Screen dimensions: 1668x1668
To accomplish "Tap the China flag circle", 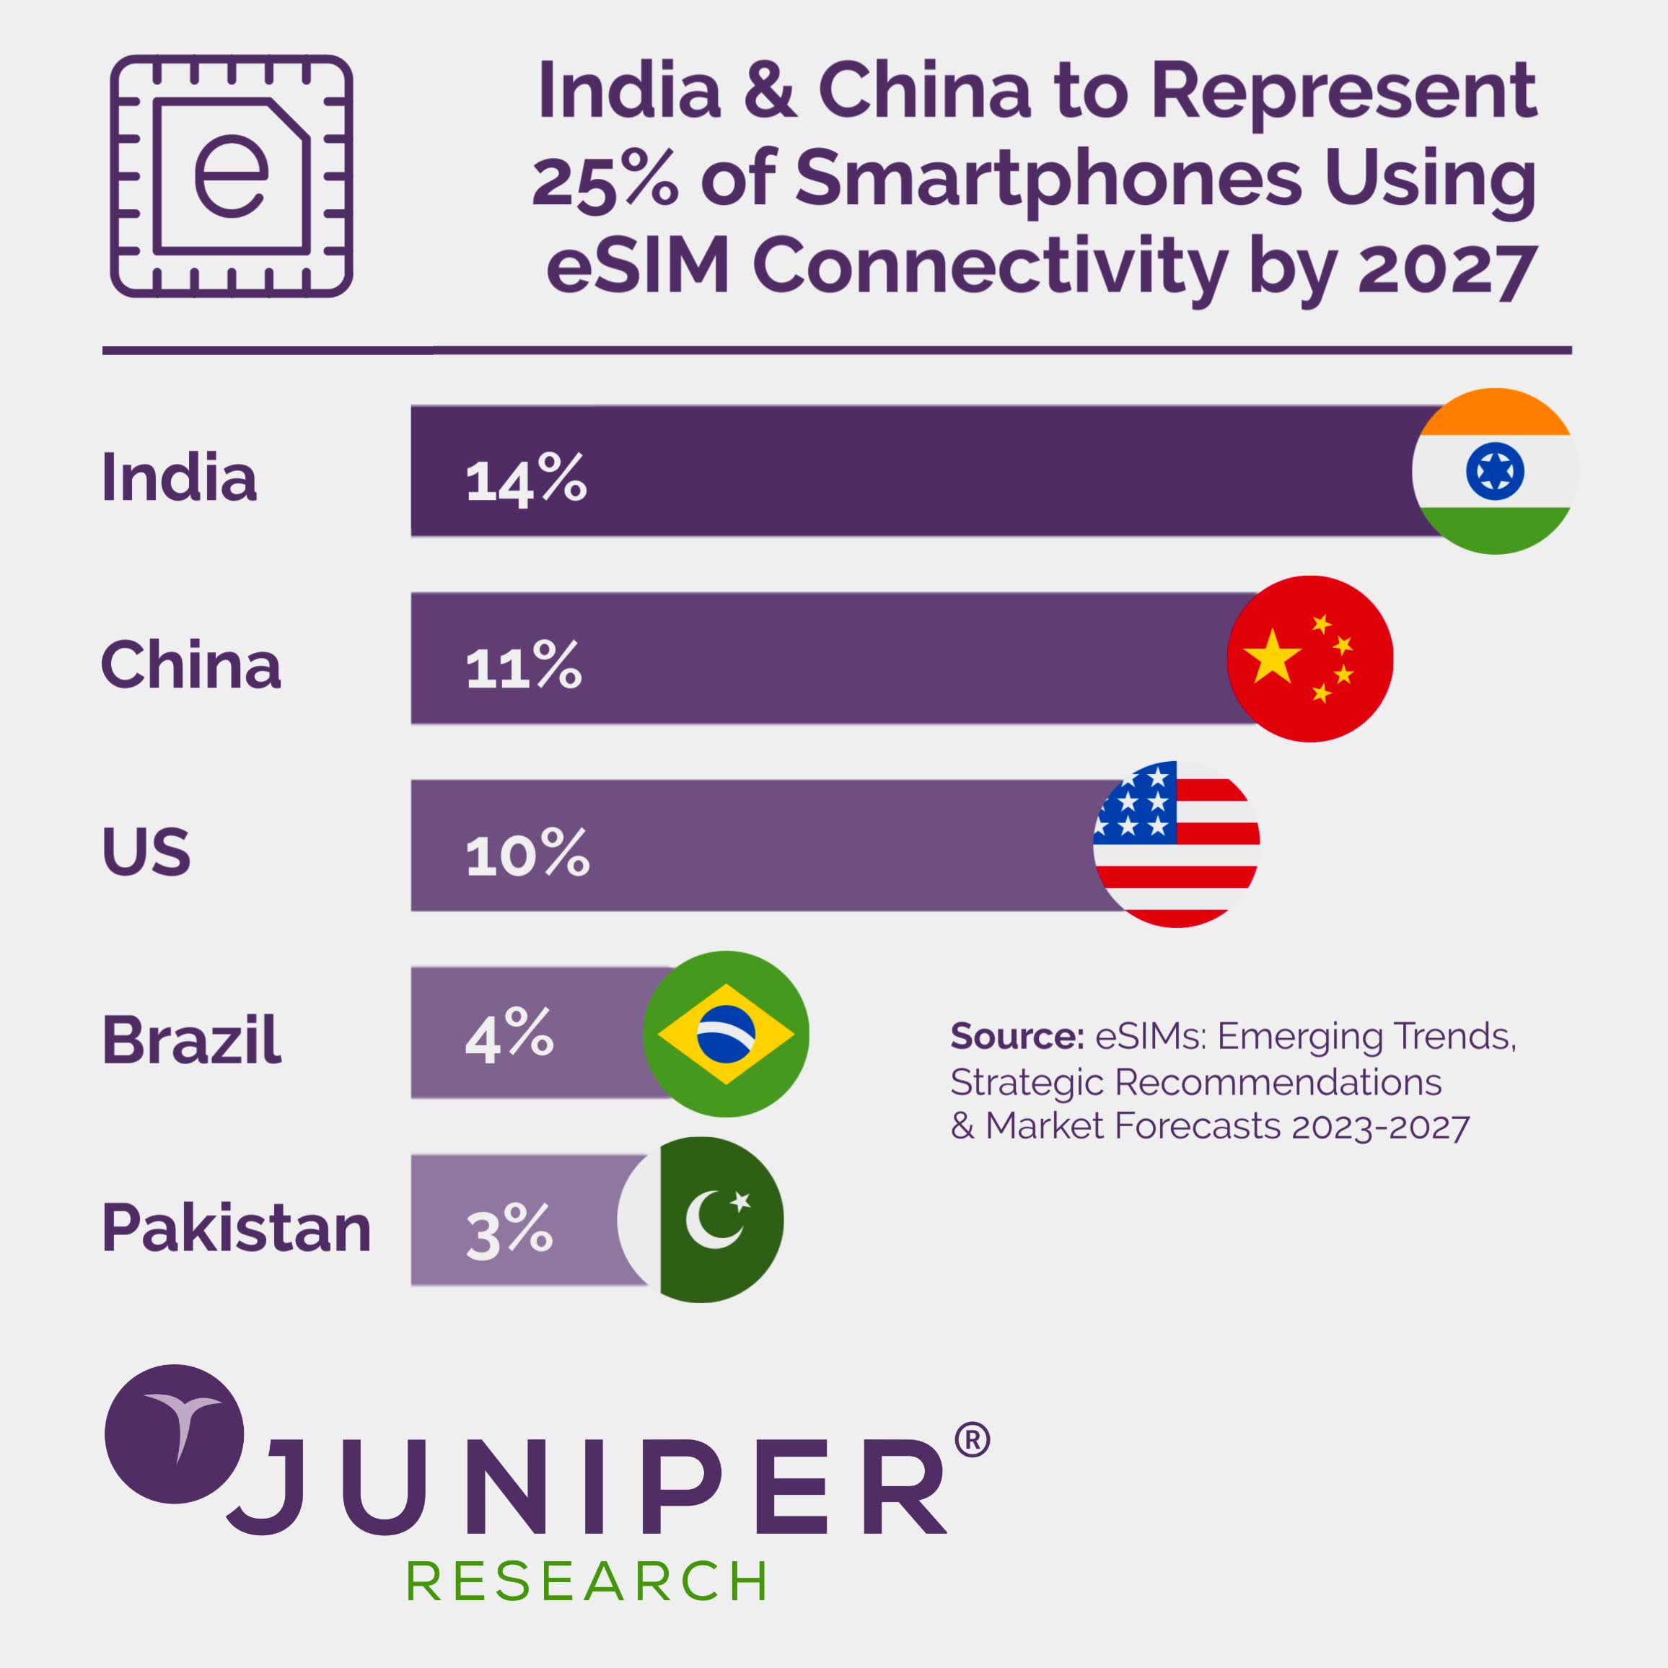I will (x=1309, y=659).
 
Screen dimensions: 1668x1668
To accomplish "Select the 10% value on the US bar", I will (x=527, y=854).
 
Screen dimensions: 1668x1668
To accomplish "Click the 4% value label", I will (x=509, y=1035).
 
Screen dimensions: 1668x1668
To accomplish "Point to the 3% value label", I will (x=509, y=1229).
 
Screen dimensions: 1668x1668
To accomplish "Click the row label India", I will (x=180, y=477).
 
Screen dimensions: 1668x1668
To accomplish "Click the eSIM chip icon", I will (x=232, y=176).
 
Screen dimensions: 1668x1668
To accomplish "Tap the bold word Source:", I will (x=1017, y=1036).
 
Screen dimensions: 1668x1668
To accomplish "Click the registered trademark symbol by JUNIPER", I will (x=972, y=1440).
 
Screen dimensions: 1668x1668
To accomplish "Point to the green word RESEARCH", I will (x=587, y=1581).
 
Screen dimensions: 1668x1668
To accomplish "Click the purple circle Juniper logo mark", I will (x=175, y=1434).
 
